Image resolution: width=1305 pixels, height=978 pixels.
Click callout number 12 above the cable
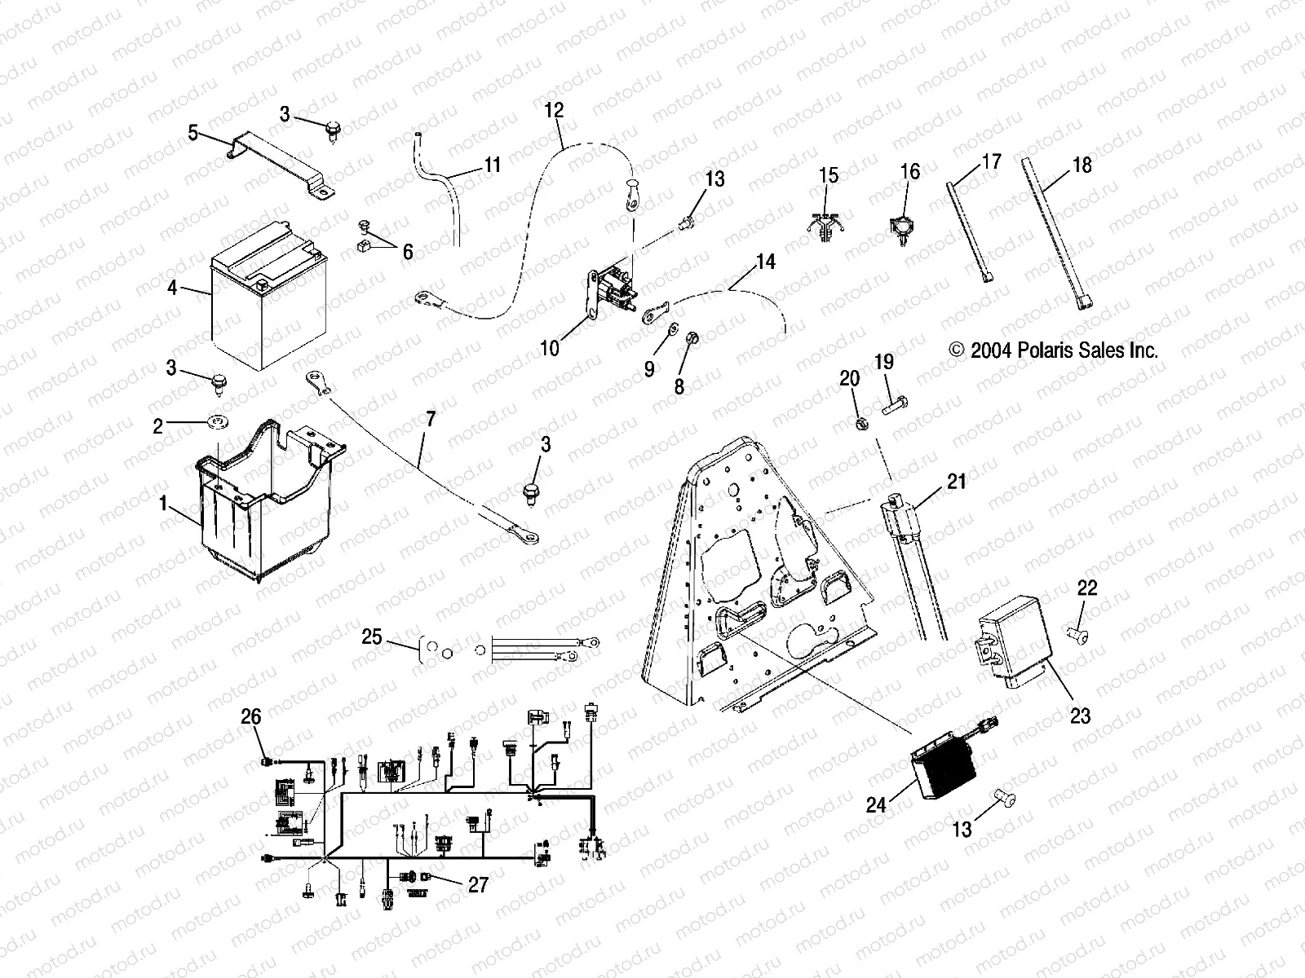tap(554, 111)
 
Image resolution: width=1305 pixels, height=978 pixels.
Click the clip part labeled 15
tap(827, 224)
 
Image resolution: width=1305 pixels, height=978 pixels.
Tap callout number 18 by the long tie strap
tap(1082, 165)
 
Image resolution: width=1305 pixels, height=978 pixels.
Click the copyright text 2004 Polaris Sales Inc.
tap(1053, 350)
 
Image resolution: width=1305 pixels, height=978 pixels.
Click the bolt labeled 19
tap(892, 403)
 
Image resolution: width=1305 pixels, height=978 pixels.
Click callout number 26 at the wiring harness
tap(251, 716)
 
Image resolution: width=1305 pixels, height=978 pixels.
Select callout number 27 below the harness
tap(478, 884)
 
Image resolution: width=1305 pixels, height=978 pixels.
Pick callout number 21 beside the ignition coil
tap(956, 482)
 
